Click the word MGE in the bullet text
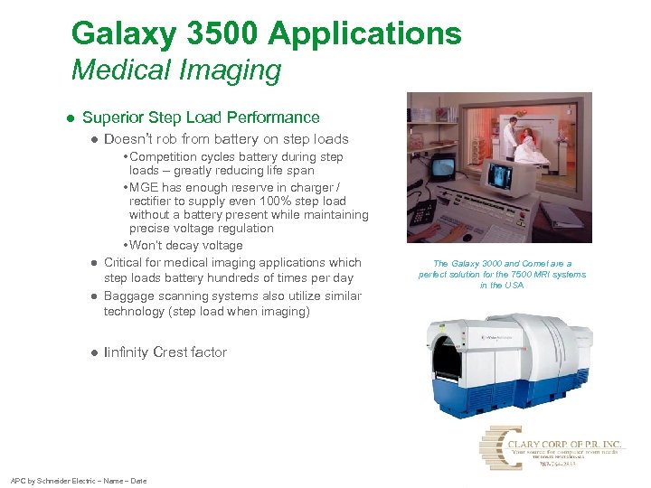145,186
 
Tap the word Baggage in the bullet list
129,296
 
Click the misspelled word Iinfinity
127,352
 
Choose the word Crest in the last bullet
173,352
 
